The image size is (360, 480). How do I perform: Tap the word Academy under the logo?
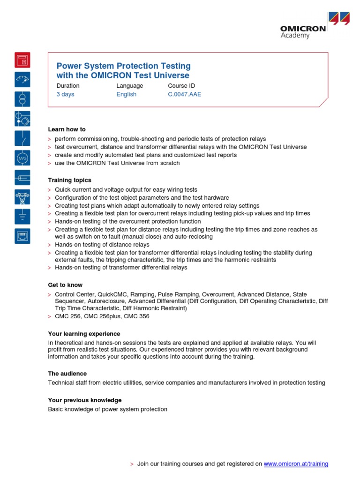pos(295,36)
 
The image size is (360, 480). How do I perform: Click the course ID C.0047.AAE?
pos(185,94)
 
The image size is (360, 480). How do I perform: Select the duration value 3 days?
pos(65,94)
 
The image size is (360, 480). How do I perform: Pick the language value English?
pos(127,94)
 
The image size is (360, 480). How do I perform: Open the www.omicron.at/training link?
pos(296,464)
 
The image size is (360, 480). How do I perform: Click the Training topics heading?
pos(70,180)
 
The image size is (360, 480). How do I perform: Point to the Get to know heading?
pos(65,285)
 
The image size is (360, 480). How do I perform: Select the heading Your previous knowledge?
pos(85,400)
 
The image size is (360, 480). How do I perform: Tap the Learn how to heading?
pos(67,129)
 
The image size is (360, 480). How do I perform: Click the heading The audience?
pos(67,374)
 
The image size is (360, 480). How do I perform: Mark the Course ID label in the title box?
pos(181,86)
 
